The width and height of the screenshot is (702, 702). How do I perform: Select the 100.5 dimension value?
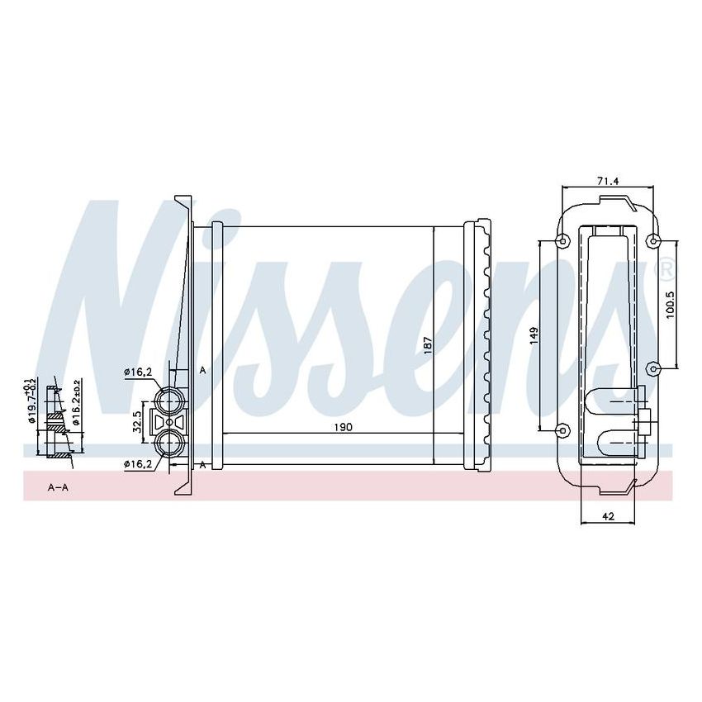[670, 304]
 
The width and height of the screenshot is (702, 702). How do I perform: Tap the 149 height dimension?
[534, 335]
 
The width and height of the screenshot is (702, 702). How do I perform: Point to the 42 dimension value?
[608, 517]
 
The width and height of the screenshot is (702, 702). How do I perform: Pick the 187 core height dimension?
[427, 344]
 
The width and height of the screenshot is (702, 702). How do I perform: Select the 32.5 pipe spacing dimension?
[138, 420]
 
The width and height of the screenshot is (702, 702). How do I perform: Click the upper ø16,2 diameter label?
[138, 372]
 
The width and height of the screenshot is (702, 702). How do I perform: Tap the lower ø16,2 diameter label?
[138, 465]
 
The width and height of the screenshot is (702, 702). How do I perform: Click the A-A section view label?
[58, 488]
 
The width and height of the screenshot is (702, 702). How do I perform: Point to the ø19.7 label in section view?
[31, 400]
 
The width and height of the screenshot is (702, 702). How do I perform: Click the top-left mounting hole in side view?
[562, 241]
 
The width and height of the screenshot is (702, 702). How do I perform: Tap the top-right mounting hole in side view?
[653, 241]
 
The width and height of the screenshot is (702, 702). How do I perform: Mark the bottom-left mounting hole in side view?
[562, 429]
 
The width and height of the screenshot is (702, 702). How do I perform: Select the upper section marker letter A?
[202, 370]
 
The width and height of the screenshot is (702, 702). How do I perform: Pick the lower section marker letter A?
[202, 466]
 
